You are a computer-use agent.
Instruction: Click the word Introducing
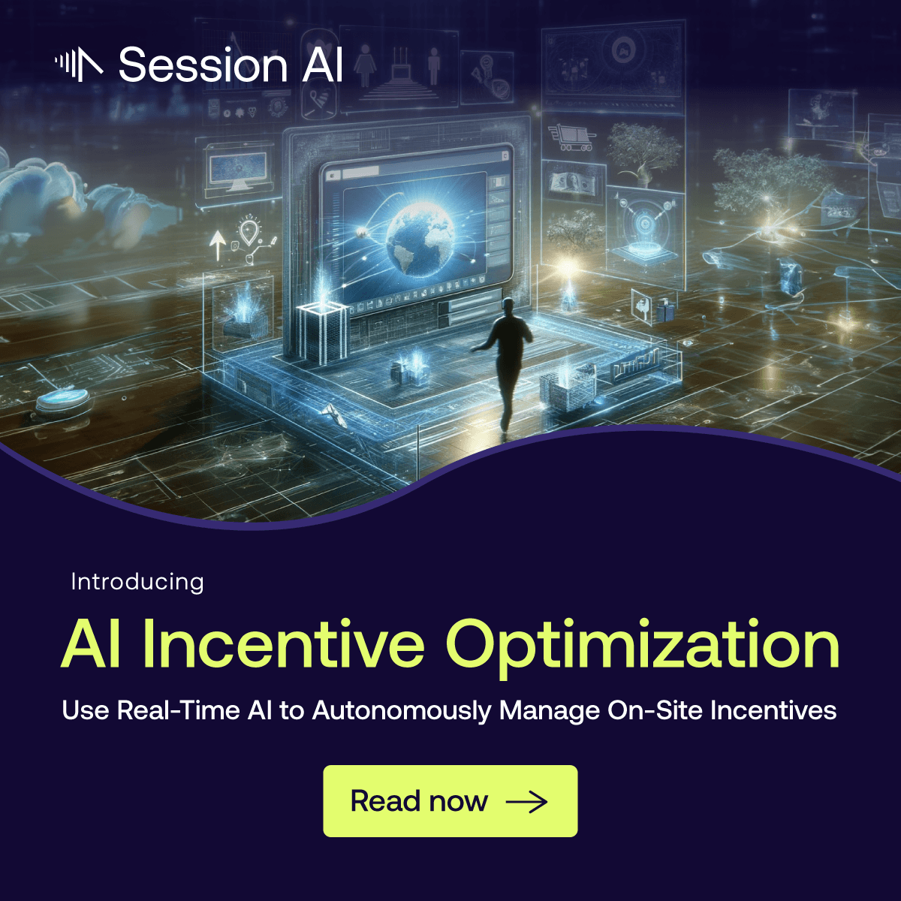pos(137,582)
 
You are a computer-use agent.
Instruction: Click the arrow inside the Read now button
pos(526,802)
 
